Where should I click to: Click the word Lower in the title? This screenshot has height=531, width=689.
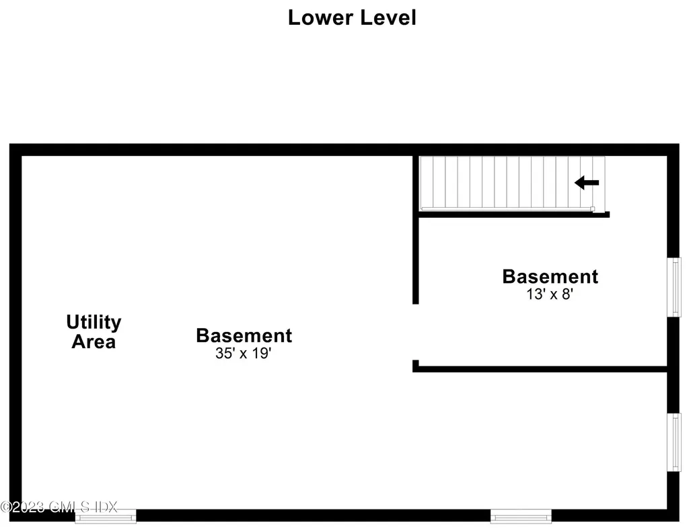(320, 17)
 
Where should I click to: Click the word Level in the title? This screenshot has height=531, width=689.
(388, 17)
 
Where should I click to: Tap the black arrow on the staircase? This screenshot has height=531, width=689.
(587, 183)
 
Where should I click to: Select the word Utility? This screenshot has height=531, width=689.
(94, 323)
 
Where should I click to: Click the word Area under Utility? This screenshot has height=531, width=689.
(94, 342)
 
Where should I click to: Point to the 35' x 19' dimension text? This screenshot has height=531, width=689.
(244, 354)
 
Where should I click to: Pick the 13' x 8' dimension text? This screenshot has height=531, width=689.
(550, 294)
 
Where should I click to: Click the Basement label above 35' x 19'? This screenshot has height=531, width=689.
(244, 335)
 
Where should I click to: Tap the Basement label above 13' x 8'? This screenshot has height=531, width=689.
(550, 277)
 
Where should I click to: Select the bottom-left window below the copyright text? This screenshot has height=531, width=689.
(106, 516)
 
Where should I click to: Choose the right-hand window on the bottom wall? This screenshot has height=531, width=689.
(521, 516)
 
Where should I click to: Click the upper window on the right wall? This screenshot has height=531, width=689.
(674, 287)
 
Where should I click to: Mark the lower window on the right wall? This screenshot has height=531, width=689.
(674, 442)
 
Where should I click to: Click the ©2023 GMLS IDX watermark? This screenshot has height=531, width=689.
(59, 507)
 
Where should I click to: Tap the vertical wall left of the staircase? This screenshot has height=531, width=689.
(415, 229)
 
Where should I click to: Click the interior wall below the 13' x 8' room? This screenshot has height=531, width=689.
(540, 370)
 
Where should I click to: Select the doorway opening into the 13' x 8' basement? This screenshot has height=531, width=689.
(415, 332)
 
